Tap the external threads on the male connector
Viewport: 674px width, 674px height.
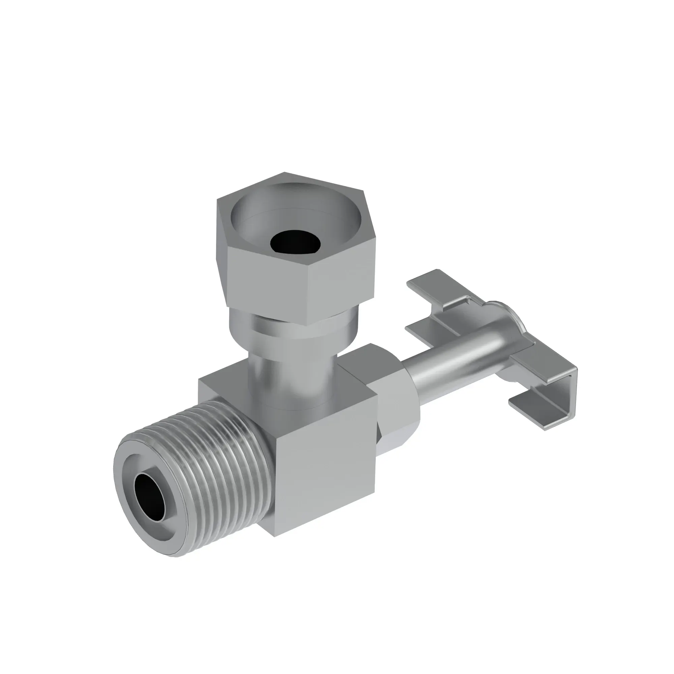(223, 450)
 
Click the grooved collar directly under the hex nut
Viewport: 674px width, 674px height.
(293, 326)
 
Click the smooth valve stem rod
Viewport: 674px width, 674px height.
(454, 370)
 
